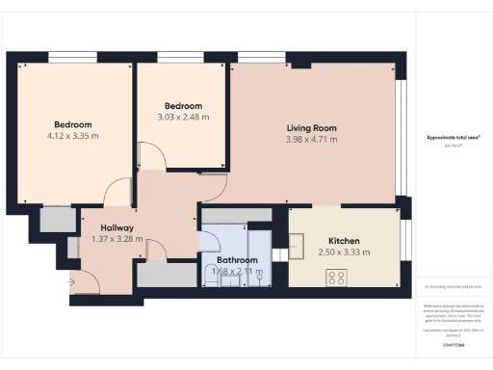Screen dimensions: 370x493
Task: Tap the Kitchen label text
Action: click(x=344, y=241)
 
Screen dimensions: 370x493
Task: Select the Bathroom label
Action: click(x=236, y=260)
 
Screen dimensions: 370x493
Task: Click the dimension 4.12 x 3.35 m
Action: click(x=73, y=136)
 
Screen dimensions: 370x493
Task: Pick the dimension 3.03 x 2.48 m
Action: click(x=183, y=117)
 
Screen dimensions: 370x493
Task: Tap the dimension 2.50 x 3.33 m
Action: click(x=344, y=252)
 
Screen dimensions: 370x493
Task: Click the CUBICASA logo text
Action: click(x=449, y=344)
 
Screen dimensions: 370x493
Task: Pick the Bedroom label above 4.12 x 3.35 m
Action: click(x=73, y=124)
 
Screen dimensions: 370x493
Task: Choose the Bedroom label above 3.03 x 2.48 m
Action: click(x=183, y=105)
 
